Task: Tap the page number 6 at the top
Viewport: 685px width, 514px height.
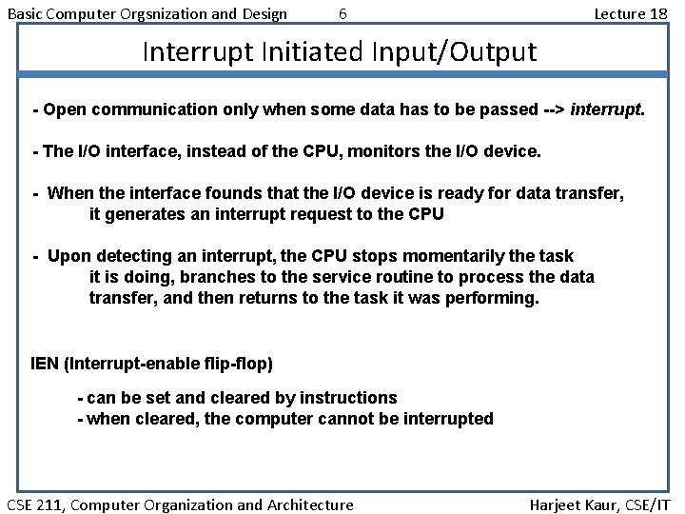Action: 342,13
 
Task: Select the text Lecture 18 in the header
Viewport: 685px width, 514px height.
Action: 630,13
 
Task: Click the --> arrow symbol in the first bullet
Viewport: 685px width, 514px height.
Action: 552,109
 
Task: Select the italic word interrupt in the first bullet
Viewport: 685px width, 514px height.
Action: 607,109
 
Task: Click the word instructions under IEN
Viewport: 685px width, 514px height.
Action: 348,397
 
